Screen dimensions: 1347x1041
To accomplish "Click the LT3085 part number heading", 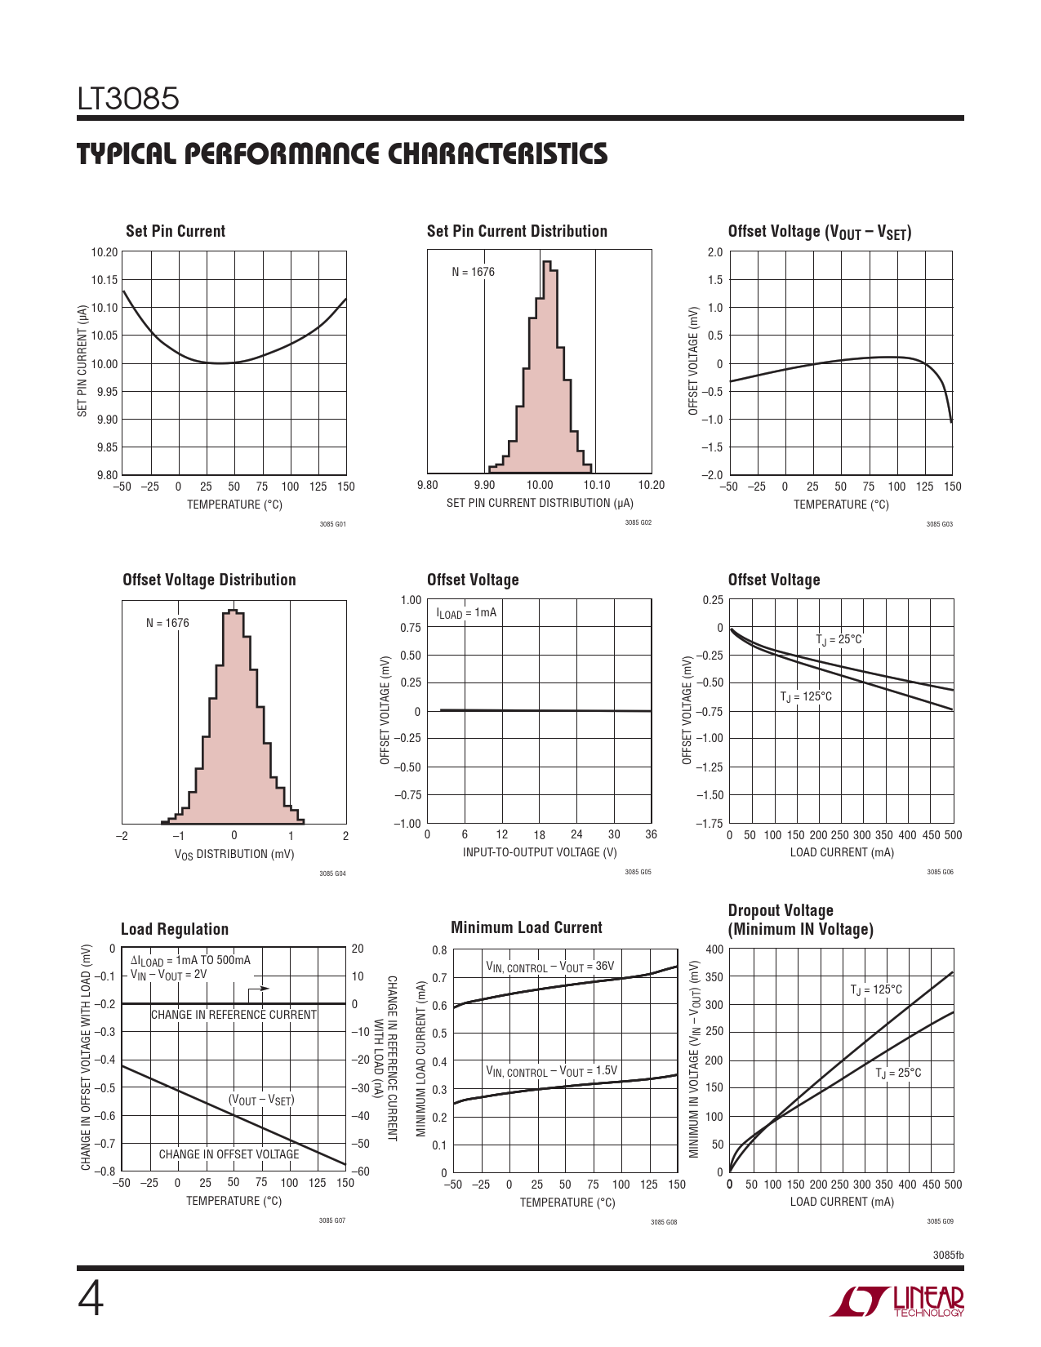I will tap(128, 99).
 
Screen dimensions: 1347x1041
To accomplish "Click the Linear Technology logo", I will tap(897, 1300).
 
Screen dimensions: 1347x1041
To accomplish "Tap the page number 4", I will tap(91, 1300).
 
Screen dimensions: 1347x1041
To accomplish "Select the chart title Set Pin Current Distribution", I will tap(517, 231).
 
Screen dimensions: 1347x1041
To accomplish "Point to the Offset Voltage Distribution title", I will tap(209, 580).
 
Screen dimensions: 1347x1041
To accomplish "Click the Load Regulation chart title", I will tap(175, 929).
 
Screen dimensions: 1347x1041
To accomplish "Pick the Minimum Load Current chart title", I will tap(527, 927).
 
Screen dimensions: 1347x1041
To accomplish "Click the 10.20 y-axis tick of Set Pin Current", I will tap(105, 252).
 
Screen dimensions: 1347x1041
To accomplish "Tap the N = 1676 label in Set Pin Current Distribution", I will tap(474, 272).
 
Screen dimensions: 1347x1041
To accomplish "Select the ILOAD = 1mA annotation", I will tap(466, 613).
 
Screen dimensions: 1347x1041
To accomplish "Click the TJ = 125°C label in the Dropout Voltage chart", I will tap(876, 990).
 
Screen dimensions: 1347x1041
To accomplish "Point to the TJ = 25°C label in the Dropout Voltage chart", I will tap(898, 1073).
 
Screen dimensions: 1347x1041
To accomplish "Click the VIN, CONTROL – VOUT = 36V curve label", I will tap(550, 967).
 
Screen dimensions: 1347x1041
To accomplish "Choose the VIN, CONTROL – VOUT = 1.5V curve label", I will tap(552, 1071).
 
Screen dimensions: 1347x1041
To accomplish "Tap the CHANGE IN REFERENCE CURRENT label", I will tap(234, 1015).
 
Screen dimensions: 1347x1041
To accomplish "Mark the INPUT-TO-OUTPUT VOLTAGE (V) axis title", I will tap(540, 852).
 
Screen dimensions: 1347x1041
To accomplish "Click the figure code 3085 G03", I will tap(939, 524).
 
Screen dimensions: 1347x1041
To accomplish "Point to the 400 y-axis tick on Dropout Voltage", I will tap(714, 949).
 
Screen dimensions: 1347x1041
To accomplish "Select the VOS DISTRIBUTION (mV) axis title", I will tap(234, 854).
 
